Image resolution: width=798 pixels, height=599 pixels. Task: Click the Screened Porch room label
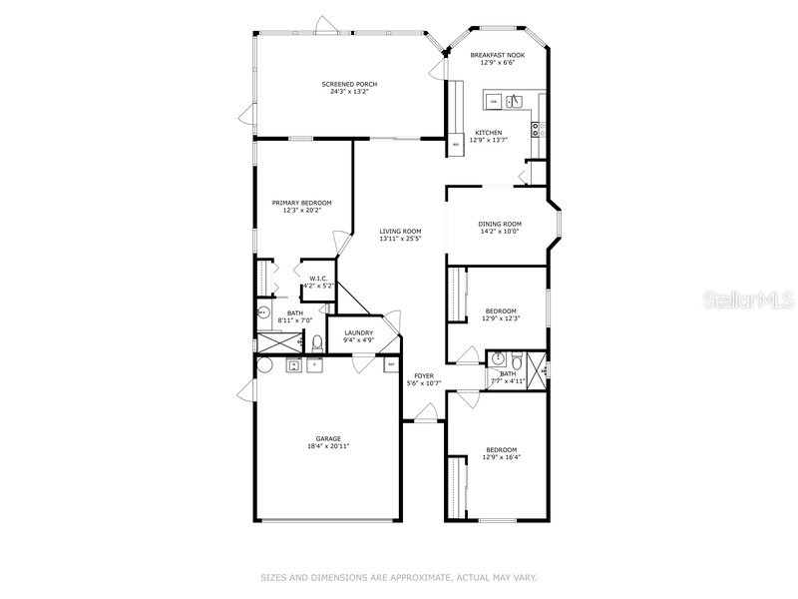tap(349, 84)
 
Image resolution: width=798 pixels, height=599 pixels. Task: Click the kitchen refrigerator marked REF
tap(456, 145)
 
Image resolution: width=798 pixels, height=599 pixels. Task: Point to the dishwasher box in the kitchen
tap(492, 101)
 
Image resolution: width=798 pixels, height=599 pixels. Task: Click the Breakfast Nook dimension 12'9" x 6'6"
tap(498, 63)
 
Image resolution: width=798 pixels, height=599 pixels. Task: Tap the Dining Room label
tap(497, 224)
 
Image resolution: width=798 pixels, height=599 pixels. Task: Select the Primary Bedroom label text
tap(301, 203)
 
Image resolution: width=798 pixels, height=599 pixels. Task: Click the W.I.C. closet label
tap(318, 279)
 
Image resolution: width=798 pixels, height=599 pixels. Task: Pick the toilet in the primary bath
tap(317, 343)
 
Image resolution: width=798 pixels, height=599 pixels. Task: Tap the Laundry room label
tap(358, 332)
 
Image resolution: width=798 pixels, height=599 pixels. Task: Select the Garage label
tap(328, 438)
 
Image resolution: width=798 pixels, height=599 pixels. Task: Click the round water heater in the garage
tap(263, 365)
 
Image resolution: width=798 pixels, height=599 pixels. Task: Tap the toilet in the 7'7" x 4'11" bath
tap(514, 359)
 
